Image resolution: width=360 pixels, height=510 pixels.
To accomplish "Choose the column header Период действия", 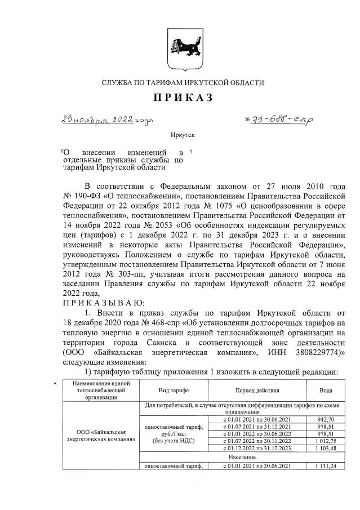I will [x=256, y=390].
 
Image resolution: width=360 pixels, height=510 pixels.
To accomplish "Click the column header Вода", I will [x=318, y=390].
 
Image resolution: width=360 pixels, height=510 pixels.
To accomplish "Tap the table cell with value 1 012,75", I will [x=318, y=441].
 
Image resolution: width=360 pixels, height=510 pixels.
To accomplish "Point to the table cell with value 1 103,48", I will [x=318, y=448].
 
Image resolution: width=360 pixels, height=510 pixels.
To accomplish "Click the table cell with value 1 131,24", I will [x=318, y=466].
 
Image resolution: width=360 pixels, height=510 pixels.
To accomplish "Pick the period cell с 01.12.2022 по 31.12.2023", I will [x=256, y=448].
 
